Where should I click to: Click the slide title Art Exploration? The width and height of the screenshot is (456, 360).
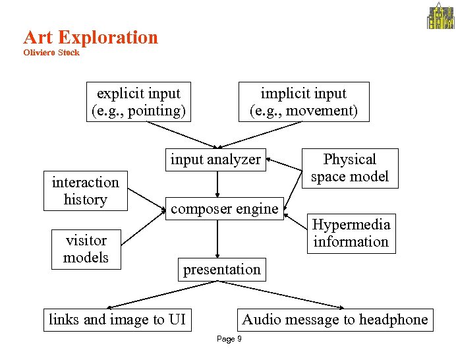90,38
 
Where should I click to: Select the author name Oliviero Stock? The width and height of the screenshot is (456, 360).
51,53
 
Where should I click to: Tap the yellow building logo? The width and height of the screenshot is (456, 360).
441,16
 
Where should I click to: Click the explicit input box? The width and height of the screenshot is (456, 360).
138,102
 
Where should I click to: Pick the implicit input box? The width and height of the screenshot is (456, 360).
303,102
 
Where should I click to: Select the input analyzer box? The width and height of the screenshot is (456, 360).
215,160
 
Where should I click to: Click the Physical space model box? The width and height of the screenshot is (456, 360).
350,168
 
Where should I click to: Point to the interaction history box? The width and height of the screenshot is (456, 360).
85,191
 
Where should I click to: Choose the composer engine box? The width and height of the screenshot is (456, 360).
224,209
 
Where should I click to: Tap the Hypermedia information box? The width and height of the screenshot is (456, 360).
351,233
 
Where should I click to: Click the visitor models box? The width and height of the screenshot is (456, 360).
86,249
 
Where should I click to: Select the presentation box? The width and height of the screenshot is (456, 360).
221,270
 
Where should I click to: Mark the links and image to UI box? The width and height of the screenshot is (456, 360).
117,320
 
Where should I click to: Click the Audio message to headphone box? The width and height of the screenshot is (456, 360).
335,320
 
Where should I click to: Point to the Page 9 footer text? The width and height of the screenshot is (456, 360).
229,339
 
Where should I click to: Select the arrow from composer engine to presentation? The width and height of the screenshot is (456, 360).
217,239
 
